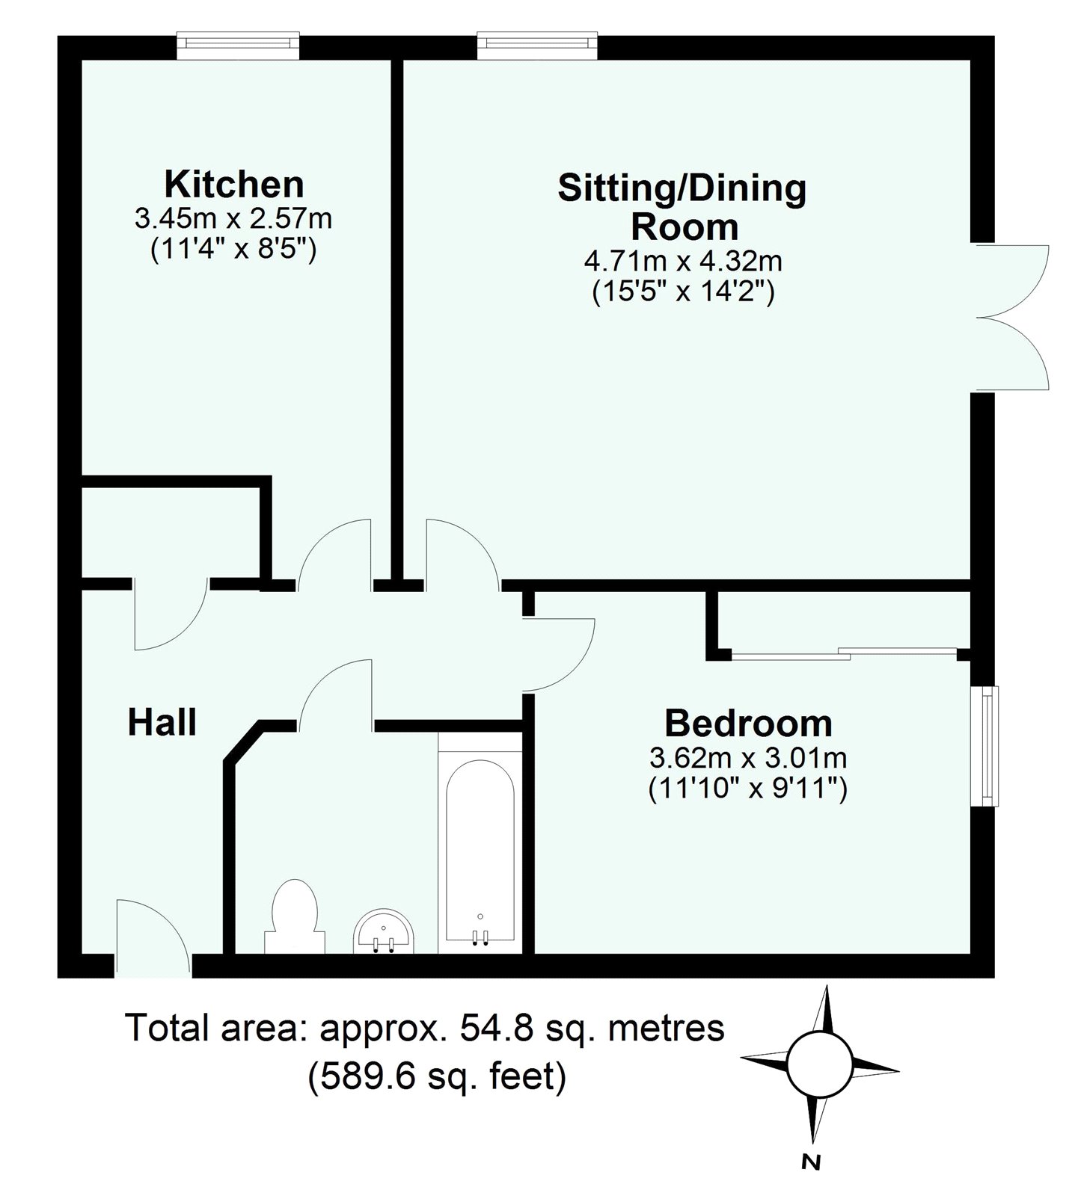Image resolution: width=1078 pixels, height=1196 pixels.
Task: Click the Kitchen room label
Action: (233, 184)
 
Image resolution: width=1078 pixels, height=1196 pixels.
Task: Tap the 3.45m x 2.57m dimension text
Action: (233, 219)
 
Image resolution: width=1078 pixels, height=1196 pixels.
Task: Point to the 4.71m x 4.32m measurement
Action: (682, 262)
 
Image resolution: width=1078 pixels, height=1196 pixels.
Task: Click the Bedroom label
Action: (748, 724)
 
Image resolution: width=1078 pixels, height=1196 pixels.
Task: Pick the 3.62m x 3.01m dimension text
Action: (748, 759)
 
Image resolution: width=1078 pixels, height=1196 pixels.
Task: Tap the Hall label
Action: (162, 723)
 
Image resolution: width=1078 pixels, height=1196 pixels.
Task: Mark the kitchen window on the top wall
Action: (239, 45)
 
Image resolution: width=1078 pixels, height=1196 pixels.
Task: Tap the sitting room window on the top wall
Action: (538, 45)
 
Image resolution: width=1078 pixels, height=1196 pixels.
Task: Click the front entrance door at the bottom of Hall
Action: (153, 940)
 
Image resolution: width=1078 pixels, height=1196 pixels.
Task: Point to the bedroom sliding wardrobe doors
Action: (844, 653)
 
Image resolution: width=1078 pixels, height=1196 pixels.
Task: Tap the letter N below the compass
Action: (810, 1162)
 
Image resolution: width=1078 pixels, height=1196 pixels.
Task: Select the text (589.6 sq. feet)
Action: (438, 1077)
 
